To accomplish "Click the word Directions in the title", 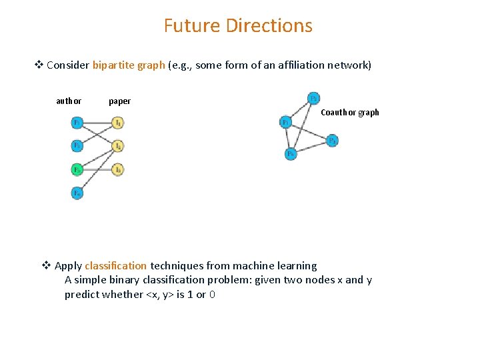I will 269,26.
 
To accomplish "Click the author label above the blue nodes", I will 69,101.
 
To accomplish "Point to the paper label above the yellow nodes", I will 119,101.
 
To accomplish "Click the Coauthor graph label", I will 349,113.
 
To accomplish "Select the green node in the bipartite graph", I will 77,170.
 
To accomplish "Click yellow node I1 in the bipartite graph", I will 117,123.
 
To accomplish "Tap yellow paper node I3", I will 117,170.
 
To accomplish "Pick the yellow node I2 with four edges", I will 117,145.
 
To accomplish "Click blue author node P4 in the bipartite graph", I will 77,193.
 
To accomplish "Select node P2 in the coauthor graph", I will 313,98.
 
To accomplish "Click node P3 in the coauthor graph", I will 332,141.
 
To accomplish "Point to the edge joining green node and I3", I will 97,170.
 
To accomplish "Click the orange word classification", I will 115,266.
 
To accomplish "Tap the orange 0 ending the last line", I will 211,295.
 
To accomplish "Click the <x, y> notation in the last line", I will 159,295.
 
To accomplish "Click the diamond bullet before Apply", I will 47,266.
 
